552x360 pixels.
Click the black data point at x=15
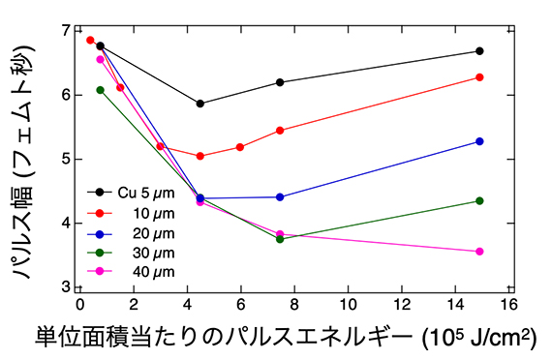tap(479, 51)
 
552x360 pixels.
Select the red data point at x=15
tap(479, 77)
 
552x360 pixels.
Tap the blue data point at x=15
tap(479, 141)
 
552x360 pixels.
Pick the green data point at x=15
tap(479, 200)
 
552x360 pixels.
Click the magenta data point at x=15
tap(479, 252)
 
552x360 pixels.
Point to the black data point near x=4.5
tap(199, 104)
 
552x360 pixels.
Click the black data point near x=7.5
tap(280, 82)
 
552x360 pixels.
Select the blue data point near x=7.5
tap(280, 196)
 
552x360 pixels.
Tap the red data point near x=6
tap(240, 147)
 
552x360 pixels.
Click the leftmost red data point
tap(90, 41)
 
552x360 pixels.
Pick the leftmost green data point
tap(101, 90)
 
